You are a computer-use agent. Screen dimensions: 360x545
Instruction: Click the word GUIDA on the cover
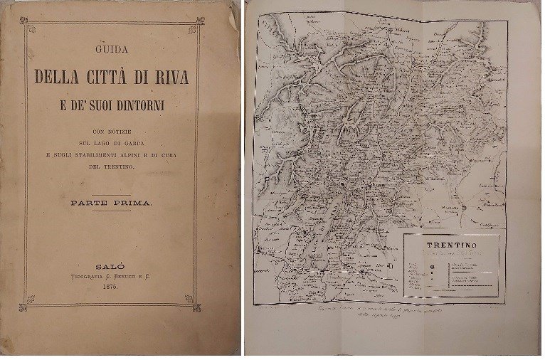coord(110,50)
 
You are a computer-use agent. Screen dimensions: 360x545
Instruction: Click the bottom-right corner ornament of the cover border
coord(189,299)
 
